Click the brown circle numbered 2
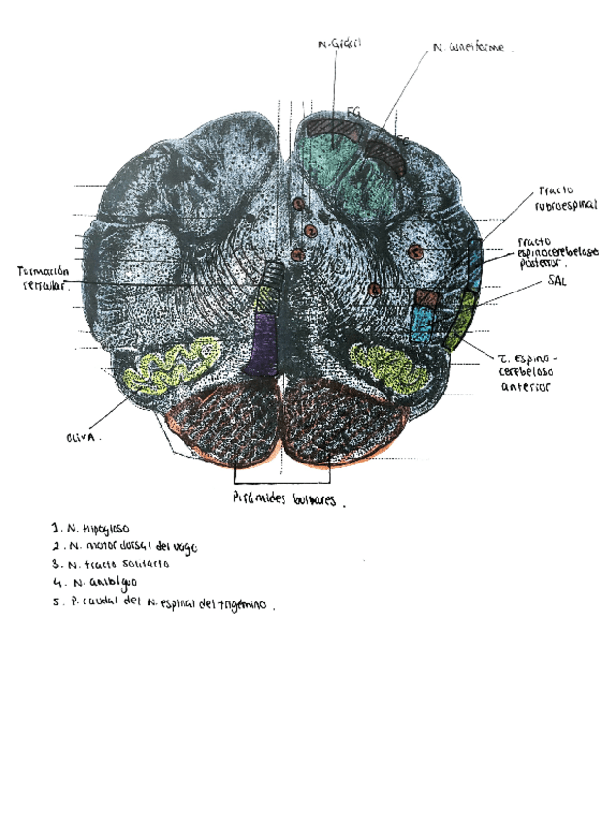pos(310,231)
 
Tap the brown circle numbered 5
pos(417,252)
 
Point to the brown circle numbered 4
pos(375,290)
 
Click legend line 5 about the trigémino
pos(165,601)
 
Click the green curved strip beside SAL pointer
pos(461,321)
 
